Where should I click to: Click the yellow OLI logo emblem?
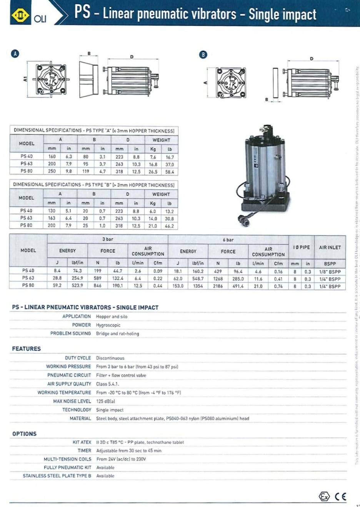20,15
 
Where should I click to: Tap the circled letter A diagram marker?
15,54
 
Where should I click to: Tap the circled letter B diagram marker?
203,55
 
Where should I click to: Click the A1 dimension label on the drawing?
25,79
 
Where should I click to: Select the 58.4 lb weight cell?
170,172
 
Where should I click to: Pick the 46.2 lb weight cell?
169,226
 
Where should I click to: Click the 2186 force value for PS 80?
218,286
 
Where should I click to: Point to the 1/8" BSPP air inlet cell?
330,271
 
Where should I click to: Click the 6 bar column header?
228,240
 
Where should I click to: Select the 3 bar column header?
108,239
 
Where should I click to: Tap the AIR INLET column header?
330,248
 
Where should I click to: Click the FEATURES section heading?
26,349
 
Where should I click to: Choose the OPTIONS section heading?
24,434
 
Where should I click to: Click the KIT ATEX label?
82,442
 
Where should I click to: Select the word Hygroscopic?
108,325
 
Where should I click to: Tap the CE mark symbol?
340,496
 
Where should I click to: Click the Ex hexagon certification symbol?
324,496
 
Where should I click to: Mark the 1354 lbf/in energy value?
198,286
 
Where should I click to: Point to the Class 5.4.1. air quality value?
107,384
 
